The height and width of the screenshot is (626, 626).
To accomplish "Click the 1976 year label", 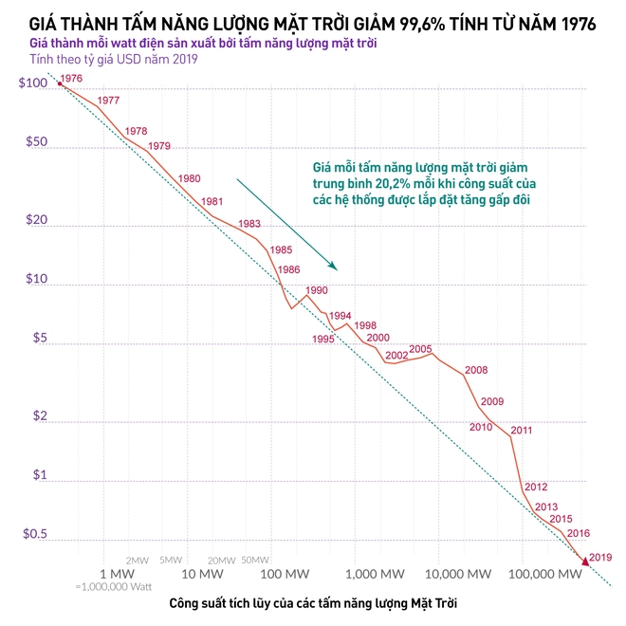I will click(71, 79).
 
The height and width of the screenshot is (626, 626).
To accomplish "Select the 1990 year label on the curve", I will click(316, 290).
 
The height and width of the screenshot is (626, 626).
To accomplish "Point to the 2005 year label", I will click(420, 348).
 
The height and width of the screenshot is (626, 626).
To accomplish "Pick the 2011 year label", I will click(522, 431).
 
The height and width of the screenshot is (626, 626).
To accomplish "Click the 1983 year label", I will click(249, 224).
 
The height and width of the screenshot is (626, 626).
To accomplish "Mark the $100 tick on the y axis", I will click(32, 84).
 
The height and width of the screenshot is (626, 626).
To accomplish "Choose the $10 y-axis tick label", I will click(35, 279).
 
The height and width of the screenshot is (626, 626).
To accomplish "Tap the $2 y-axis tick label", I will click(39, 416).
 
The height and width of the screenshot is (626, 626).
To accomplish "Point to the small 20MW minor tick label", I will click(221, 560).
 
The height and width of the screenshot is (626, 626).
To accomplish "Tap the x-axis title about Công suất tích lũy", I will click(319, 604).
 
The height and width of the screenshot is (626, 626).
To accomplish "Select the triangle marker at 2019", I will click(584, 562).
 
